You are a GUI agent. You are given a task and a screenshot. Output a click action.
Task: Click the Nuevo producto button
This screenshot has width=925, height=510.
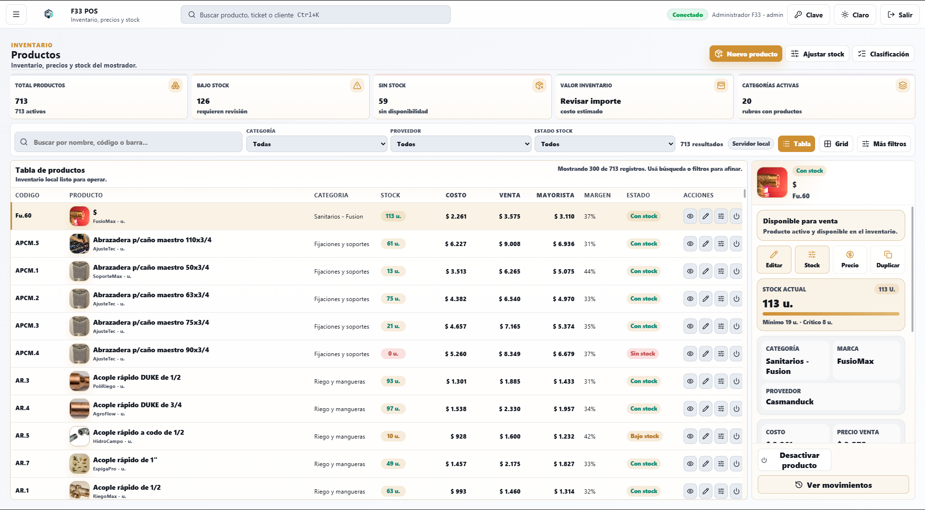[746, 54]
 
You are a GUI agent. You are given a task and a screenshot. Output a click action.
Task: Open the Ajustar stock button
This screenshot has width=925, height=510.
[818, 54]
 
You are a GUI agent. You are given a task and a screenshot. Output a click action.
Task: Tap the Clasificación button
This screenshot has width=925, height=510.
[883, 54]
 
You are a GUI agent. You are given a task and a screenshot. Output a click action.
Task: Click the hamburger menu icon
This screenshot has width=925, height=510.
[16, 14]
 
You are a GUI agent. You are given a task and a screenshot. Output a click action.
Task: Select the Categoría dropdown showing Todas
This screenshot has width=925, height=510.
[317, 144]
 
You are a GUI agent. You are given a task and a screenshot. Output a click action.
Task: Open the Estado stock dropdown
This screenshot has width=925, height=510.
[604, 144]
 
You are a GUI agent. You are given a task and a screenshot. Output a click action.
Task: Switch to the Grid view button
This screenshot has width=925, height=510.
[836, 144]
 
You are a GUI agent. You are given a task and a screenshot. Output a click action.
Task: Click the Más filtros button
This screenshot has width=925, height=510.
[884, 144]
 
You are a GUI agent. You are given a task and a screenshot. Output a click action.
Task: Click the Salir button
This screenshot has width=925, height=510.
[899, 15]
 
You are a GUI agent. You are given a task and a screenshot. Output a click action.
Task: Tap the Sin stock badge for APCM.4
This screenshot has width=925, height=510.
[643, 354]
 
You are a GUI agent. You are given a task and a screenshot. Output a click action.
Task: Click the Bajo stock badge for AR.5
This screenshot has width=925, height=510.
[644, 436]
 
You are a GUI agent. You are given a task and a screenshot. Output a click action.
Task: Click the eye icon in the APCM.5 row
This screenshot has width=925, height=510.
[690, 244]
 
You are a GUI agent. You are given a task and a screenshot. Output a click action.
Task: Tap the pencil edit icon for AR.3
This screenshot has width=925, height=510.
[706, 381]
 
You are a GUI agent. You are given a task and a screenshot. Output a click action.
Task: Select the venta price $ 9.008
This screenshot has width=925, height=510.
[509, 244]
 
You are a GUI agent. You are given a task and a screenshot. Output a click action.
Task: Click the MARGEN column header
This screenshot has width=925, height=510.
[597, 195]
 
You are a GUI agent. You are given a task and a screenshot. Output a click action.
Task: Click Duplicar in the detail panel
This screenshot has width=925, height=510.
[888, 260]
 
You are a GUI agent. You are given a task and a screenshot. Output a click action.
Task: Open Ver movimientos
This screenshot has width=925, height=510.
[833, 485]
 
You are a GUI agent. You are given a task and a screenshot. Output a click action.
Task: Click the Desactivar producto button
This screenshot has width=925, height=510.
[794, 460]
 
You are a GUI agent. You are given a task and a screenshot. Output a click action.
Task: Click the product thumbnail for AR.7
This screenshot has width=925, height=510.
[80, 464]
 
